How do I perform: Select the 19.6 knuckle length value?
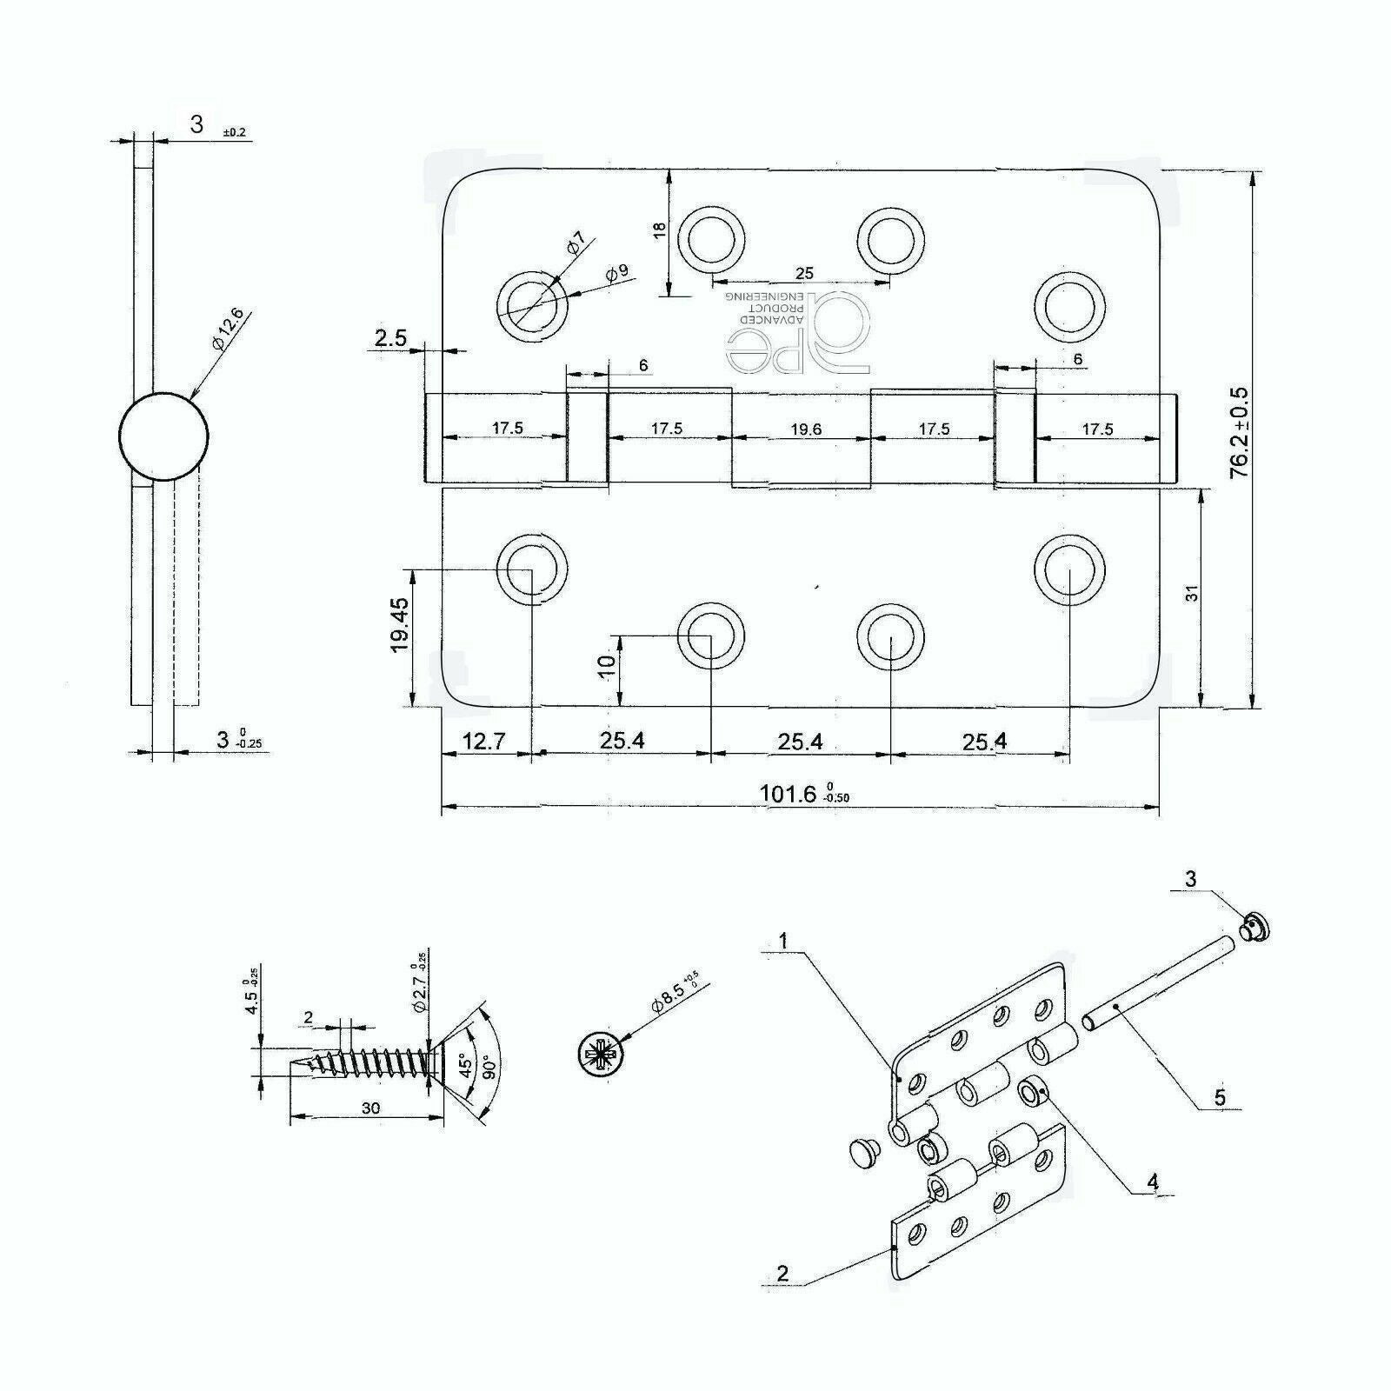coord(801,429)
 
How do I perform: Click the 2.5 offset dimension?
coord(390,338)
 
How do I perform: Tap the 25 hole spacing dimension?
coord(804,274)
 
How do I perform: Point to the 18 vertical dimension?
coord(659,230)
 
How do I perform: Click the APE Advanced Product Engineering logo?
coord(795,330)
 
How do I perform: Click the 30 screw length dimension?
coord(371,1108)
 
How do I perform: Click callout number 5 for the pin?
coord(1220,1097)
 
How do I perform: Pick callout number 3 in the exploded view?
coord(1190,880)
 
